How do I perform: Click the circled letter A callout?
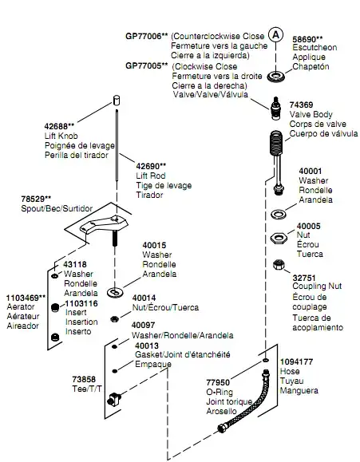(275, 35)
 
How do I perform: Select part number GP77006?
(144, 36)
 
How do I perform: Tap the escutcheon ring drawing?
(276, 77)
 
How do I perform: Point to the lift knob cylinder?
(117, 100)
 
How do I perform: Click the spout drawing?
(104, 227)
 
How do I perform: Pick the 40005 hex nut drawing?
(278, 238)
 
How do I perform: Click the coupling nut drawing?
(279, 265)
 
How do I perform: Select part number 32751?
(304, 278)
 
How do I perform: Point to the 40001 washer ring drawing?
(279, 214)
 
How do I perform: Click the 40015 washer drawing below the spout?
(115, 292)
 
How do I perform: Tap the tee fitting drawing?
(114, 400)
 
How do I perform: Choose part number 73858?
(84, 380)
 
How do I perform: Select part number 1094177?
(296, 361)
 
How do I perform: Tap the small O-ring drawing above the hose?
(265, 361)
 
